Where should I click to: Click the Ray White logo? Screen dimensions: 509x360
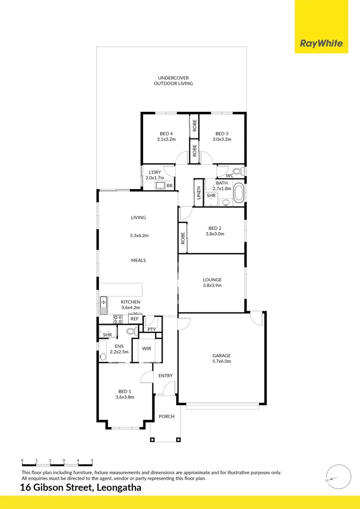coord(321,44)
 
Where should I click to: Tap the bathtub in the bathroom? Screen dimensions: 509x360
coord(239,193)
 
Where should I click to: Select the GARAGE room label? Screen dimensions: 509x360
coord(221,355)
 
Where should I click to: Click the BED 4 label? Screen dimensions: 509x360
coord(166,133)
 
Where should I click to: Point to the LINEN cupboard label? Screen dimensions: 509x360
coord(198,193)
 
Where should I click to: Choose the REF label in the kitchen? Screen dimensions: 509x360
coord(135,319)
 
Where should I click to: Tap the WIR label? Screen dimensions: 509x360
coord(147,349)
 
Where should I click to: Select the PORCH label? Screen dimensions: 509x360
coord(166,416)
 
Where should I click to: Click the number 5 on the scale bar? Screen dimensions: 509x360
coord(92,460)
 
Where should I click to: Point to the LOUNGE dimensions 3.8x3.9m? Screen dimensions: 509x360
coord(212,285)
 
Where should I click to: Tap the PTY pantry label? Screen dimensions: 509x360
coord(151,329)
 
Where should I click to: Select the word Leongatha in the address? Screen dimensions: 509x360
coord(118,488)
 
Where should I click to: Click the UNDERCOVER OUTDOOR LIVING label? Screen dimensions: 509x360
coord(173,81)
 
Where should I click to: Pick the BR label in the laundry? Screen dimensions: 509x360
coord(170,186)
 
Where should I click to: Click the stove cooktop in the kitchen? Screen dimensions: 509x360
coord(118,319)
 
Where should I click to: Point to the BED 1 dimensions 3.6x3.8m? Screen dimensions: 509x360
coord(125,397)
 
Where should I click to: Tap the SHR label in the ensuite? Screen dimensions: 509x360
coord(107,335)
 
